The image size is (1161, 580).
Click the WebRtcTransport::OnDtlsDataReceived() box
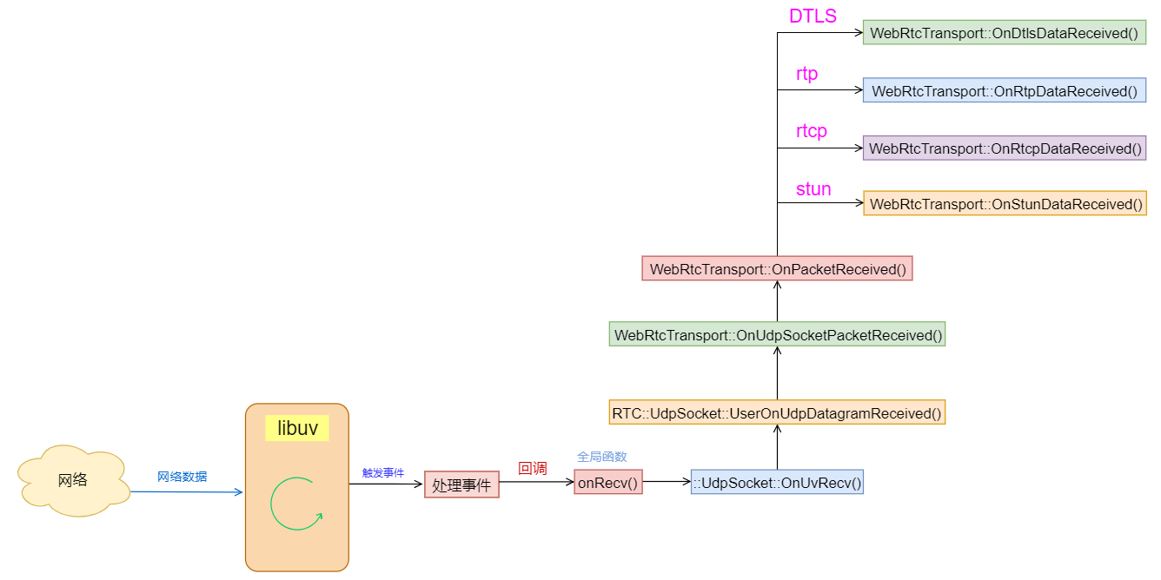[1004, 33]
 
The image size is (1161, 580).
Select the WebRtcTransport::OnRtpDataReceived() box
[1004, 90]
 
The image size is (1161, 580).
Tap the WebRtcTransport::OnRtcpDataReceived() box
[1004, 148]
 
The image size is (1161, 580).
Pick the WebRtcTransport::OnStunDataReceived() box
[1005, 204]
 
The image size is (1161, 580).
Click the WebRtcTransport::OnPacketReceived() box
[777, 269]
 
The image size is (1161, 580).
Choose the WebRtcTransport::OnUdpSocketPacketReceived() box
[777, 334]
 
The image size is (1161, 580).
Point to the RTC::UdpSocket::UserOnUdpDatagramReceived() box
[777, 413]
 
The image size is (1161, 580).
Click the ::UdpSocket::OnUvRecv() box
[777, 483]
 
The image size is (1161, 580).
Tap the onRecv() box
[607, 482]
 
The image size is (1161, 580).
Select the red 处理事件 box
[461, 484]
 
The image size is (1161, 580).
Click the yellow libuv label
[297, 428]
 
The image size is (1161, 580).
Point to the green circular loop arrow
[296, 504]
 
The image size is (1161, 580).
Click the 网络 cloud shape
[74, 480]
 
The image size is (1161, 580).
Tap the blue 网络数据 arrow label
[182, 477]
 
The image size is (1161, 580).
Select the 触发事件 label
[383, 473]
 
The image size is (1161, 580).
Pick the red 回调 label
[533, 468]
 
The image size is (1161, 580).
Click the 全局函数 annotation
[602, 457]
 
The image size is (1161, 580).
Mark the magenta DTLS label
[813, 16]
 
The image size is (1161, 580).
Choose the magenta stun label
[813, 189]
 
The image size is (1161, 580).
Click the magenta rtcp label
[812, 131]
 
